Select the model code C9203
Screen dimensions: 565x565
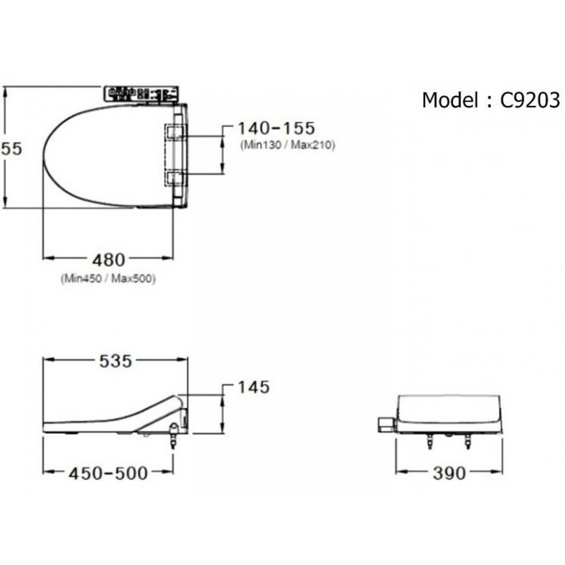(x=530, y=100)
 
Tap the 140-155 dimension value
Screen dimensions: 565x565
(x=276, y=128)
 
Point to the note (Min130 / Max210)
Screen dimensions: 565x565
(x=287, y=146)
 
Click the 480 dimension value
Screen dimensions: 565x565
(x=108, y=259)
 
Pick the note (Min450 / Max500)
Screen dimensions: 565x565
(x=108, y=278)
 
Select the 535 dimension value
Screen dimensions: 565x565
(x=115, y=361)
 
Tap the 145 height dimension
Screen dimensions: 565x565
(x=253, y=387)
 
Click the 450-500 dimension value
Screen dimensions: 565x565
(x=107, y=472)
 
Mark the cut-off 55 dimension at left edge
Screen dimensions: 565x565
(x=11, y=149)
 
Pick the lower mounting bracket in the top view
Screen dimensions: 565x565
(x=175, y=178)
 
